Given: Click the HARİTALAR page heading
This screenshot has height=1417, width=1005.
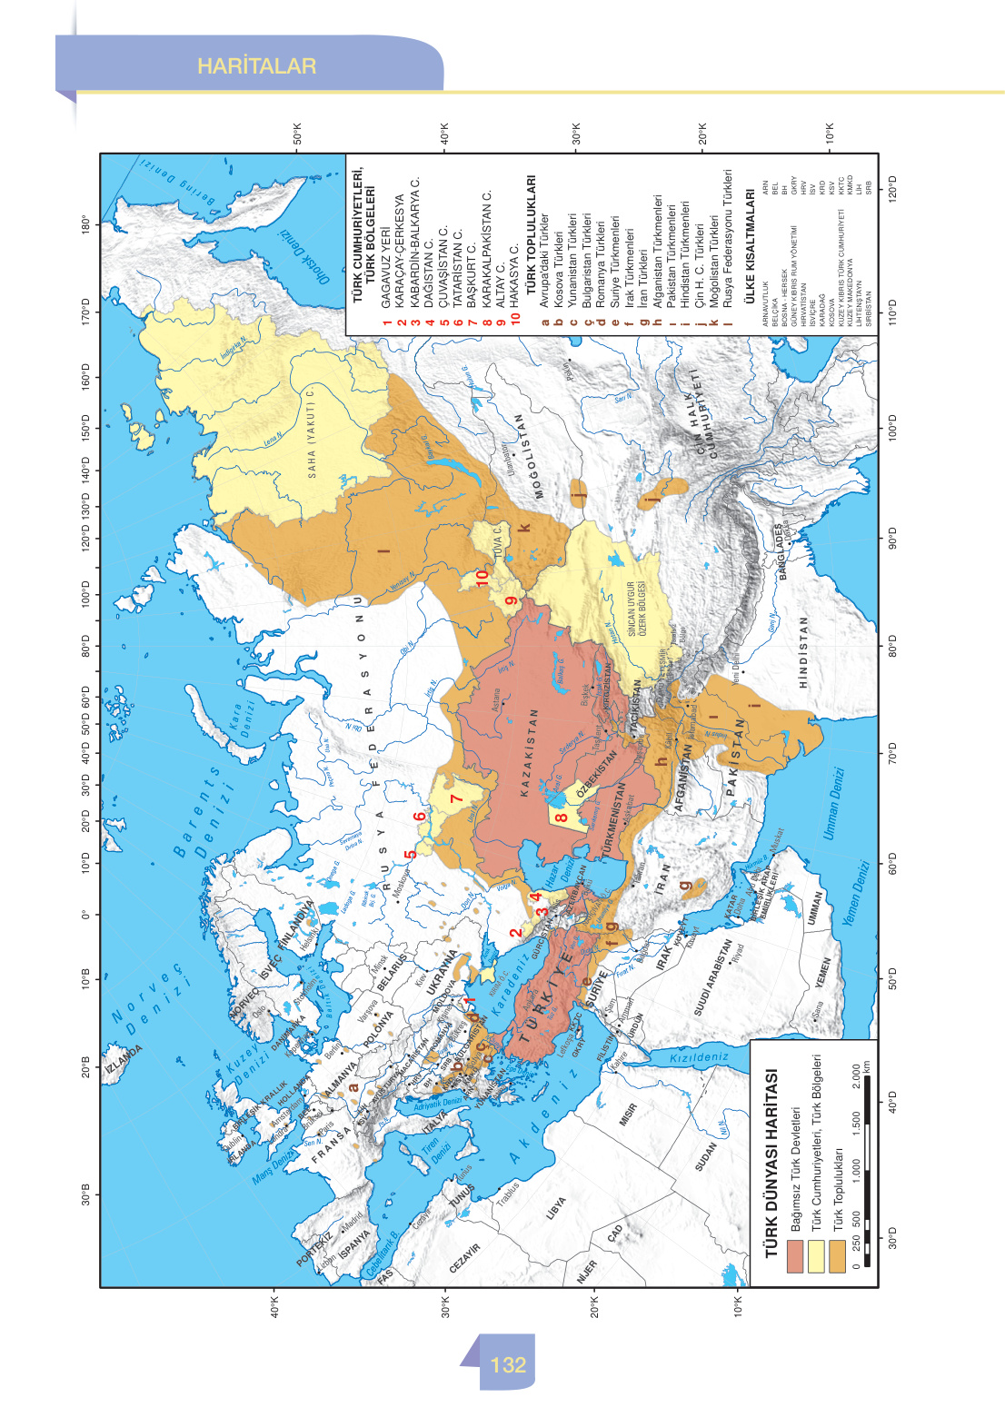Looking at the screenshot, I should [x=256, y=66].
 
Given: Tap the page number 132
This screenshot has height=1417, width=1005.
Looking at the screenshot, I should [x=507, y=1364].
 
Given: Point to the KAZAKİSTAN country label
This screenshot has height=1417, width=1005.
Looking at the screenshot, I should [x=524, y=754].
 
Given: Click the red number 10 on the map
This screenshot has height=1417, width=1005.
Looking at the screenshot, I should [x=483, y=575].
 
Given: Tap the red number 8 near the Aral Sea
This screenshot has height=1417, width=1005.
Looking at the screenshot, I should [x=562, y=817].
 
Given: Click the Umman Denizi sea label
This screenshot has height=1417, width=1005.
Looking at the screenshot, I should [x=833, y=803].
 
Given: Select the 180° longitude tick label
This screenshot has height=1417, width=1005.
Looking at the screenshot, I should [x=87, y=224].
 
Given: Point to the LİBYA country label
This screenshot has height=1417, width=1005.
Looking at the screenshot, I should [x=556, y=1207].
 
